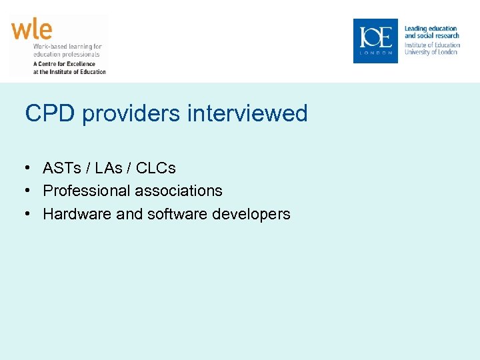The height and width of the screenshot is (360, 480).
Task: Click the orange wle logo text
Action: pos(31,29)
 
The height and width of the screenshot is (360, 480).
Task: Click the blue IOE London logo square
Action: pos(375,41)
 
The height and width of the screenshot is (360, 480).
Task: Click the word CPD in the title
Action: pos(51,113)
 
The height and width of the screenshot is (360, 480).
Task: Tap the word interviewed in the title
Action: pos(247,113)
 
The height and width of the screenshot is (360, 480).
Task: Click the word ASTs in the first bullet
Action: pos(63,167)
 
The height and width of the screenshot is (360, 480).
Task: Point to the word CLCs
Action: pos(156,167)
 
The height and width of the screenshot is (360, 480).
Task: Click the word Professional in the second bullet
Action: pos(87,191)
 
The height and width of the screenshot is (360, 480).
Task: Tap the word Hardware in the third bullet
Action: pos(71,214)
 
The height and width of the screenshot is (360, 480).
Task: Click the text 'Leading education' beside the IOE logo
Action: pos(431,29)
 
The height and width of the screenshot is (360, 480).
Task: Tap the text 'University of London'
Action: pos(431,52)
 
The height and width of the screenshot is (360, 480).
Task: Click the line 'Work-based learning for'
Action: pos(67,47)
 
